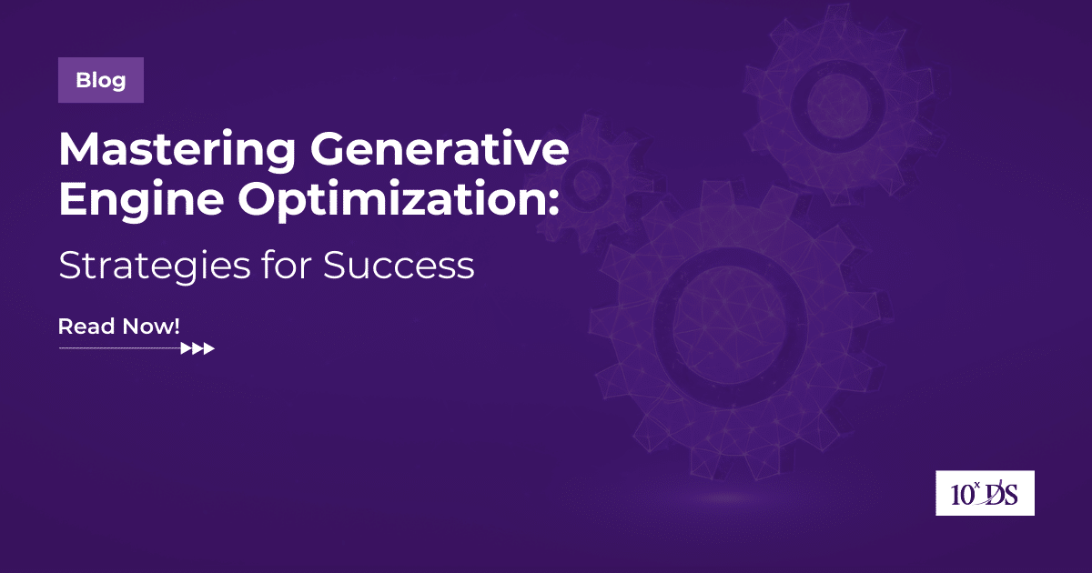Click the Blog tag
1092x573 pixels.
pos(100,80)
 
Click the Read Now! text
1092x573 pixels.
pos(119,327)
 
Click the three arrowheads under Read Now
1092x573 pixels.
pos(198,348)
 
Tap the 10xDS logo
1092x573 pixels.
pos(986,494)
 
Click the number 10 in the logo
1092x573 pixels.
pos(958,496)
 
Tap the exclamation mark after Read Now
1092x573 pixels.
pos(177,327)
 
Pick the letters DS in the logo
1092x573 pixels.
pos(1003,496)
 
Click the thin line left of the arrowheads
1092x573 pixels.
pos(118,348)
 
